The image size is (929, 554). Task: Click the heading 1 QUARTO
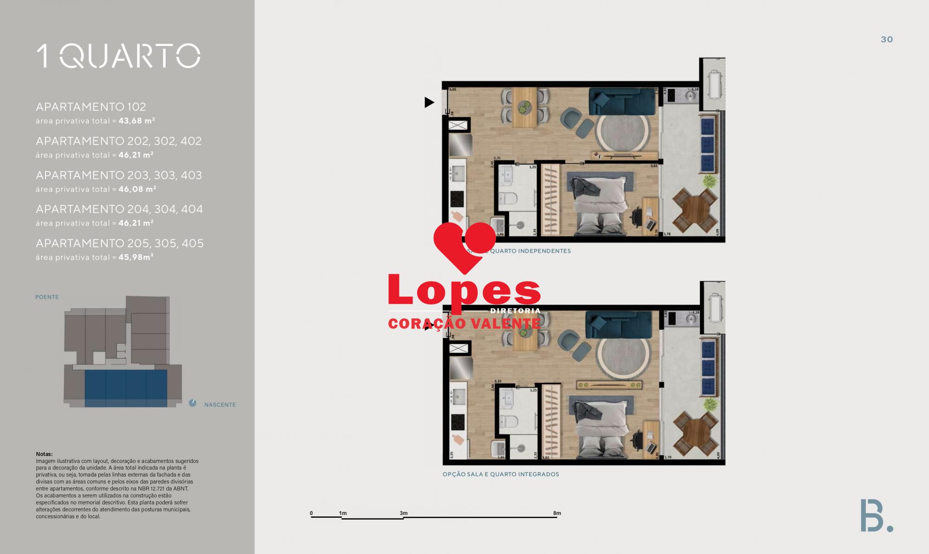tap(118, 56)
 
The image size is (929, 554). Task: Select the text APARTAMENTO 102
tap(91, 107)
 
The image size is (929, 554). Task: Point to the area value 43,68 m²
tap(137, 121)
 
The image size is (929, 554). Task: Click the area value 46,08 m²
tap(137, 189)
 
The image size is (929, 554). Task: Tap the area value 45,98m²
tap(136, 257)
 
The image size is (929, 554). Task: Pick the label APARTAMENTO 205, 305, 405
tap(120, 244)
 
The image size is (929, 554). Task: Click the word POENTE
tap(47, 297)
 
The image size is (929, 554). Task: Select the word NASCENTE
tap(220, 405)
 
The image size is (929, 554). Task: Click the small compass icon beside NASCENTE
tap(193, 403)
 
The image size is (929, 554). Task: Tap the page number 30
tap(887, 40)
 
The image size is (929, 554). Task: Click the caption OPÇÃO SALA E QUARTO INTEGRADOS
tap(501, 475)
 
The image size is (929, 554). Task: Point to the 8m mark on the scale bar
tap(557, 514)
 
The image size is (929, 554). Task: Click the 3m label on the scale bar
tap(404, 514)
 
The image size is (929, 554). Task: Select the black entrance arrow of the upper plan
tap(429, 102)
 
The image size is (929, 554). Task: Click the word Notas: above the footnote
tap(45, 454)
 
